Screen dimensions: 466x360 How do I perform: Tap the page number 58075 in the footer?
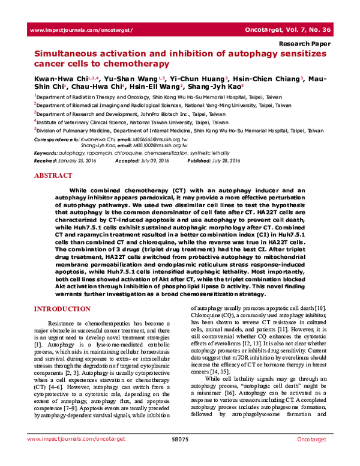180,456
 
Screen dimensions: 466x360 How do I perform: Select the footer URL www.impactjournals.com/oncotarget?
65,456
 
